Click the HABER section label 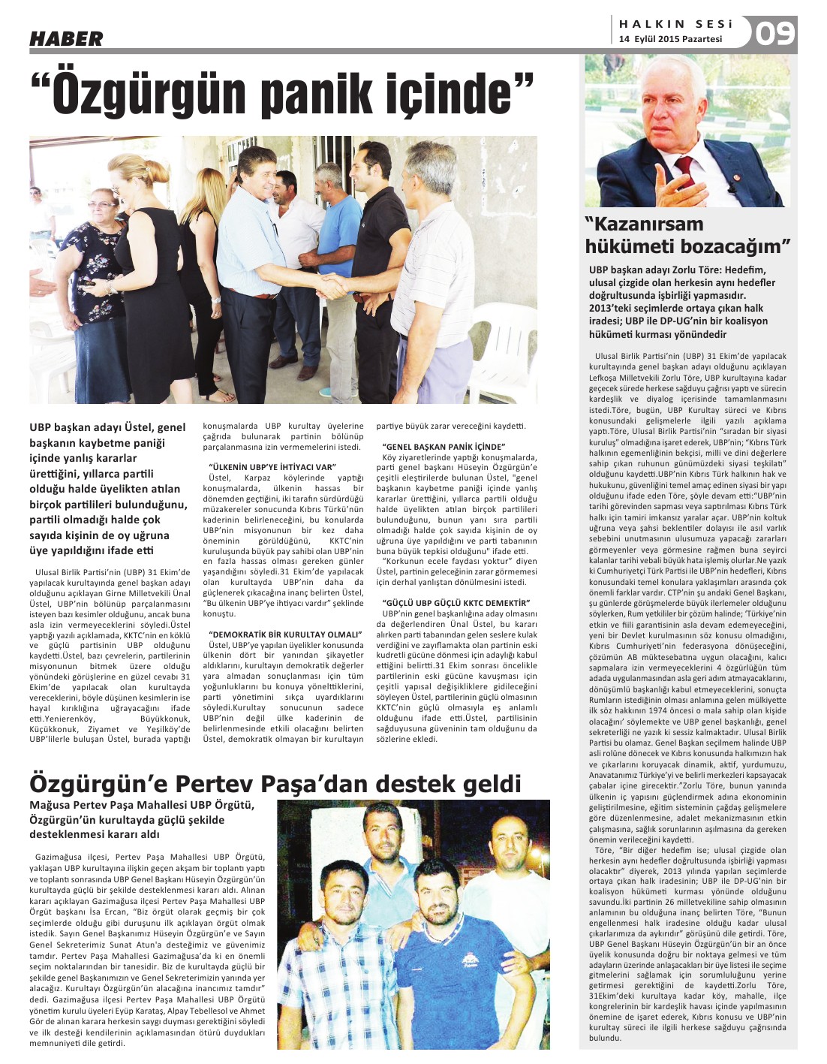[66, 38]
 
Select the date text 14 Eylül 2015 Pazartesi [670, 39]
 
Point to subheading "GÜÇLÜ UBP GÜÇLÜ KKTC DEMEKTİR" [456, 603]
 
